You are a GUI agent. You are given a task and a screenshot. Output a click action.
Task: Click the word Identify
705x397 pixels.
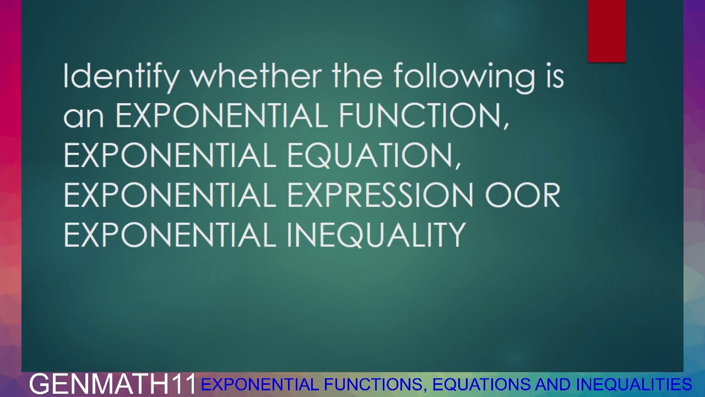(x=121, y=77)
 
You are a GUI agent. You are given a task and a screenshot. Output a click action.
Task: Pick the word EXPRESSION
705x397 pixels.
(x=380, y=196)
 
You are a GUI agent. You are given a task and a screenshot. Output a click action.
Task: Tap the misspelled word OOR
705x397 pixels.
(x=522, y=196)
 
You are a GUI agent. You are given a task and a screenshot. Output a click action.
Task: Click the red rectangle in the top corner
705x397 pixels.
(x=606, y=31)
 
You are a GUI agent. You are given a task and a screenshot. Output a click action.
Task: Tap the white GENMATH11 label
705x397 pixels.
(x=113, y=384)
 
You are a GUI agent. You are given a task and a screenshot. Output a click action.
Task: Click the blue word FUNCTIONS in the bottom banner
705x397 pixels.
(x=374, y=384)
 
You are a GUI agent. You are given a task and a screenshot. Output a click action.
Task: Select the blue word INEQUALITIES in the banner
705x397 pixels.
(x=633, y=384)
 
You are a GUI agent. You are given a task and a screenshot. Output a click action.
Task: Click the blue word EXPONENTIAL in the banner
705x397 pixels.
(x=259, y=384)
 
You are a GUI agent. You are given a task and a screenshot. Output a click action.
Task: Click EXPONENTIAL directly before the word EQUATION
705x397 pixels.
(x=170, y=156)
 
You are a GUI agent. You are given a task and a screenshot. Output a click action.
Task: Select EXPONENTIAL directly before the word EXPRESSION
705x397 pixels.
(x=170, y=196)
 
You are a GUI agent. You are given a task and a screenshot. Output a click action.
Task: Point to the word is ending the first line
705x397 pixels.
(x=555, y=76)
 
